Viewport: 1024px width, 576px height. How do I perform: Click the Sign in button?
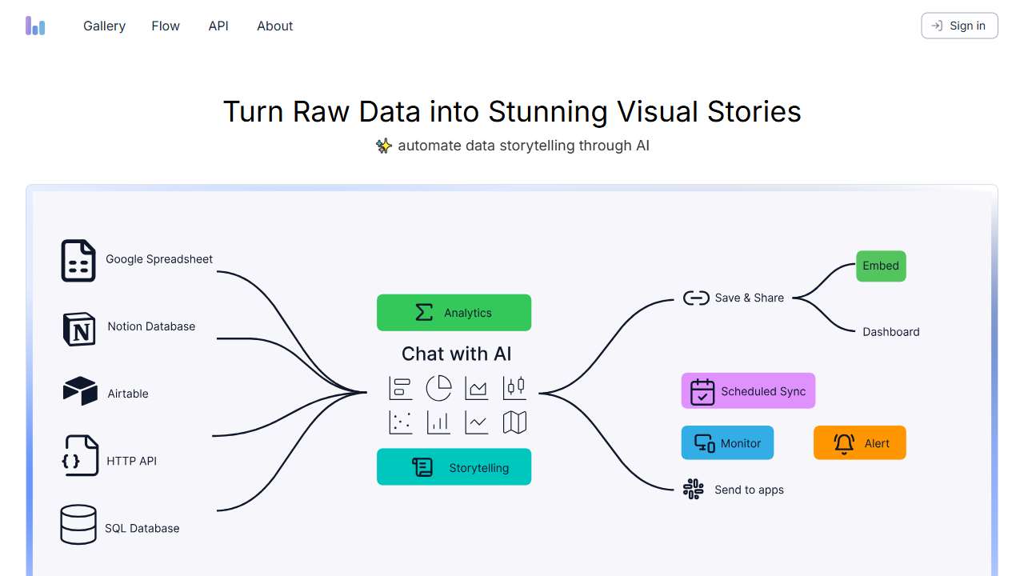click(959, 26)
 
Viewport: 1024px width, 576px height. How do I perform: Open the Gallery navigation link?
click(104, 26)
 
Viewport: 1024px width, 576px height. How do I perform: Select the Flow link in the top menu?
click(166, 26)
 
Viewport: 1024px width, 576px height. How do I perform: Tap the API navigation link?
click(218, 26)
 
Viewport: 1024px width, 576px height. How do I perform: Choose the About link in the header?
click(274, 26)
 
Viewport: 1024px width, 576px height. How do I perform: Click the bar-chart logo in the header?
click(35, 26)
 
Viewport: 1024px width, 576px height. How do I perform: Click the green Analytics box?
click(454, 313)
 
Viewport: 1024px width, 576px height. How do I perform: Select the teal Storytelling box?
click(454, 467)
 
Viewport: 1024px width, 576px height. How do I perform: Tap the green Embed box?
click(881, 266)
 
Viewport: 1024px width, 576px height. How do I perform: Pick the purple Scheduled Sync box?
click(748, 391)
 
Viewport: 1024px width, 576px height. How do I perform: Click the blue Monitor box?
click(727, 443)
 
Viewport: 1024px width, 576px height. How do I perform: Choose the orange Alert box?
click(859, 443)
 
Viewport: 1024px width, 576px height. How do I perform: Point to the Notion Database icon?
click(79, 329)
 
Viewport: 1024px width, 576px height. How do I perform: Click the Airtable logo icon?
click(80, 391)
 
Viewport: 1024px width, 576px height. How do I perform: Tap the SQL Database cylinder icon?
click(78, 525)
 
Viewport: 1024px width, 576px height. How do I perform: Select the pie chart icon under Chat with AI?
click(438, 388)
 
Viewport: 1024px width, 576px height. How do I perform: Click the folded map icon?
click(514, 422)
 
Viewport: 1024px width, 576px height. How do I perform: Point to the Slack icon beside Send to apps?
click(693, 489)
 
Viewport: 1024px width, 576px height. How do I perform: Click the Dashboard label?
click(890, 332)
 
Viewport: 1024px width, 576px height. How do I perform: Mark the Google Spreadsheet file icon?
click(78, 261)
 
